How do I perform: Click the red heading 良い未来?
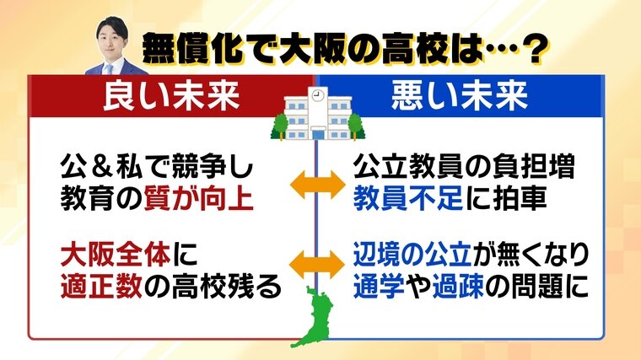(171, 96)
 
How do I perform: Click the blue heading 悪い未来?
(460, 96)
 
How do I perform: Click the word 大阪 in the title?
(312, 49)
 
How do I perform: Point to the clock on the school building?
(317, 95)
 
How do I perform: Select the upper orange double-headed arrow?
(318, 185)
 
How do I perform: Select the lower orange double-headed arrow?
(318, 265)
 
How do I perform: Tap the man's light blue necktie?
(110, 68)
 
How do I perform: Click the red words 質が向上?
(199, 198)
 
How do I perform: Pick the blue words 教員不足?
(407, 198)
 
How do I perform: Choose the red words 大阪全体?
(116, 255)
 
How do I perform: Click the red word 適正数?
(101, 286)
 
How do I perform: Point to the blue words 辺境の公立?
(413, 255)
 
